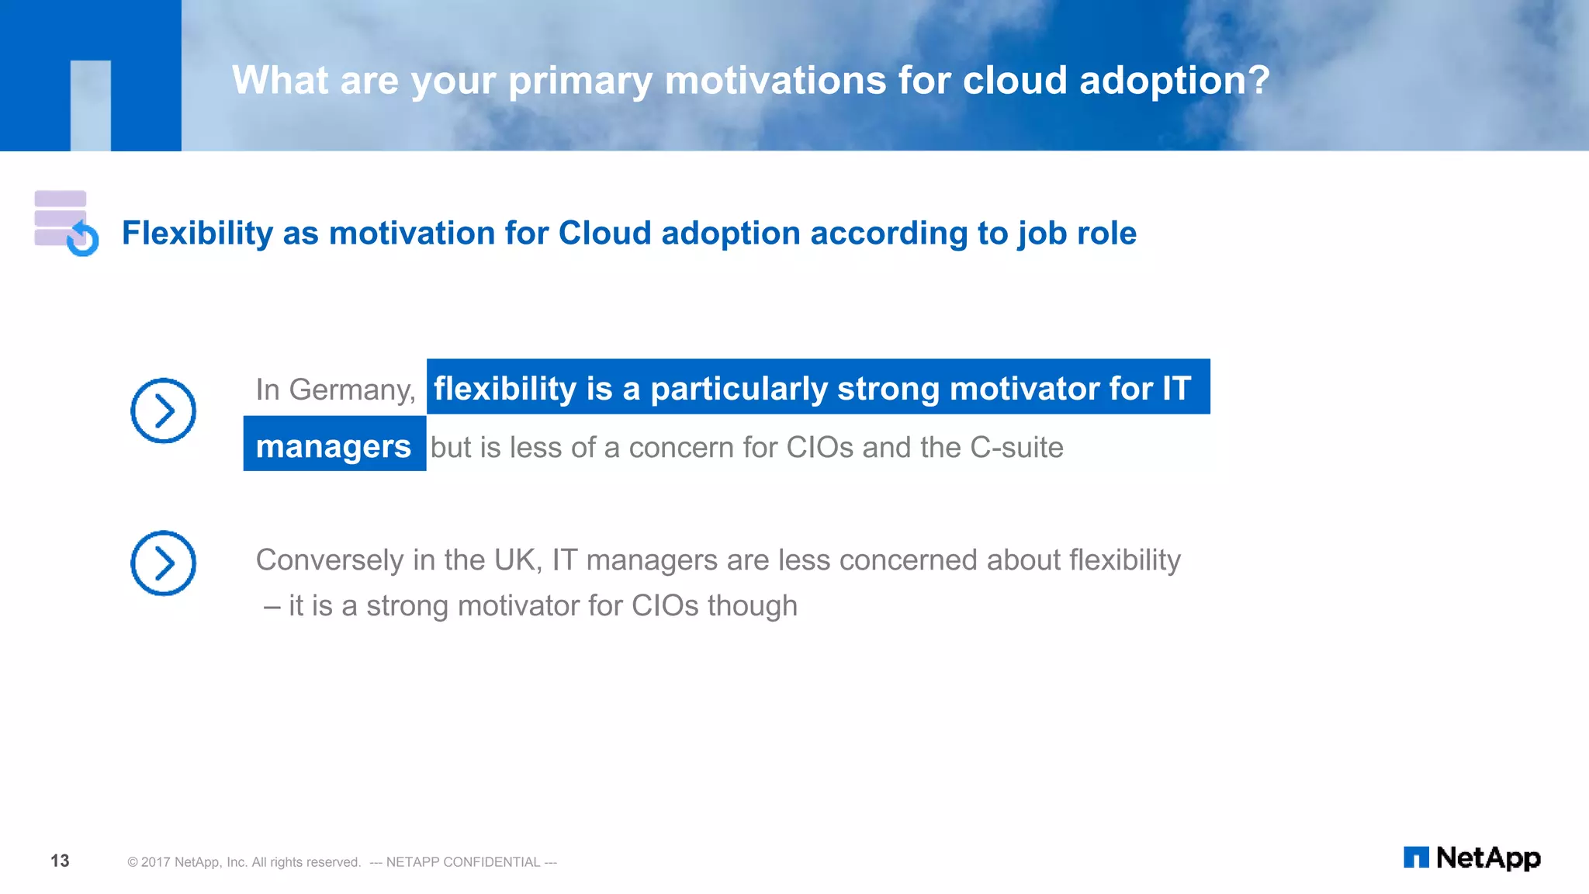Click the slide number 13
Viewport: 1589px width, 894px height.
click(x=60, y=861)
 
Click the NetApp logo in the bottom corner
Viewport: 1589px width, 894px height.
click(x=1471, y=858)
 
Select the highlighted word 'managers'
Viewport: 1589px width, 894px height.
click(x=334, y=446)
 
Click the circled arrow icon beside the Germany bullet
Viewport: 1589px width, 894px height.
click(x=163, y=411)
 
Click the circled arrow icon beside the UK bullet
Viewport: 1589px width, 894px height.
click(x=163, y=563)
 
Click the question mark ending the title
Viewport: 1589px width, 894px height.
click(x=1259, y=80)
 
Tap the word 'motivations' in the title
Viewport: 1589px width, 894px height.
click(x=775, y=80)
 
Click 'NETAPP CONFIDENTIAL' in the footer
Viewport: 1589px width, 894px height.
click(x=462, y=862)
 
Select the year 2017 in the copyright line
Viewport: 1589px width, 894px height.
click(x=156, y=862)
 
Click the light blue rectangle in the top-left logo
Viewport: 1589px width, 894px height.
click(x=91, y=105)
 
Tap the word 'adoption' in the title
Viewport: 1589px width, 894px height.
click(x=1161, y=80)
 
